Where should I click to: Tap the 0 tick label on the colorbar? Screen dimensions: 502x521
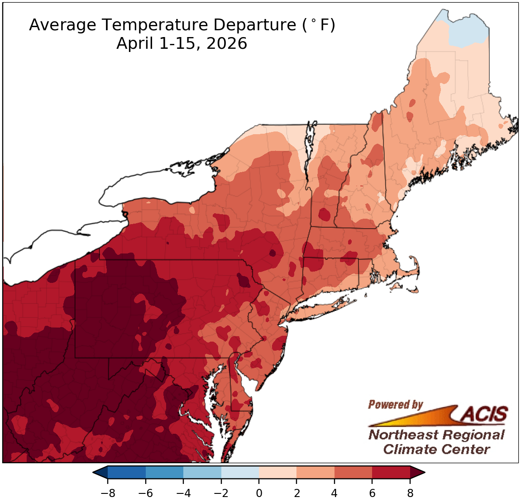pos(259,493)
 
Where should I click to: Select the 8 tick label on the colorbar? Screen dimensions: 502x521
pos(410,493)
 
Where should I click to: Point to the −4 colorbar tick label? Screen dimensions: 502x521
pos(183,493)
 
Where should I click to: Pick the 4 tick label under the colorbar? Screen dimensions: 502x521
pos(335,493)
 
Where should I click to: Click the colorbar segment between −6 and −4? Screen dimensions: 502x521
pos(164,473)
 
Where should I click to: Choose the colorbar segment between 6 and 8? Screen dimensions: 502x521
pos(391,473)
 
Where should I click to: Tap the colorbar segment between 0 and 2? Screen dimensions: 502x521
pos(277,473)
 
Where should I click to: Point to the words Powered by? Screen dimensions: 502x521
pos(395,404)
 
